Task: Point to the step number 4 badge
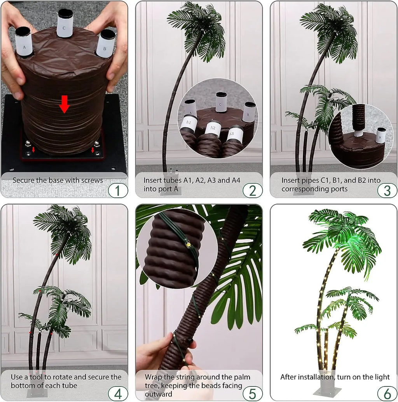(118, 393)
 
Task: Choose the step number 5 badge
(252, 393)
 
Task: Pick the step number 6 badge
(387, 393)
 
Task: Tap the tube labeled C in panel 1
(65, 24)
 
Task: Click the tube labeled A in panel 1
(24, 42)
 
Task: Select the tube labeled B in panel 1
(105, 44)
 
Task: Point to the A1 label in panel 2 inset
(189, 122)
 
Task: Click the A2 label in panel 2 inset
(213, 128)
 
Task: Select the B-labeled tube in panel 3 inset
(381, 135)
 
